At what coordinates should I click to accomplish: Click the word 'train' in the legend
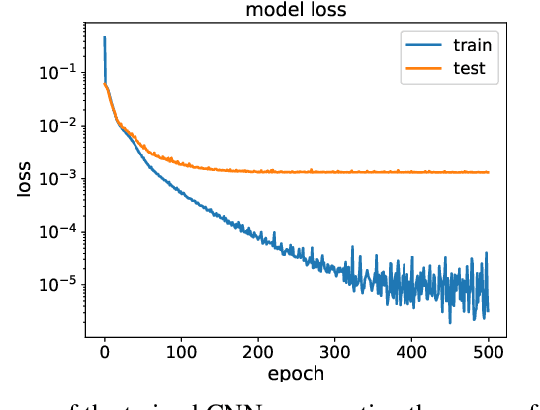pyautogui.click(x=472, y=44)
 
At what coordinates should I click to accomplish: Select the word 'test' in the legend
pyautogui.click(x=468, y=68)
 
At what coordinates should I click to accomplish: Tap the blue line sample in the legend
pyautogui.click(x=419, y=45)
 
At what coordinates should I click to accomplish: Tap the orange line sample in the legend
pyautogui.click(x=419, y=69)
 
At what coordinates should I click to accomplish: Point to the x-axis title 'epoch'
pyautogui.click(x=296, y=374)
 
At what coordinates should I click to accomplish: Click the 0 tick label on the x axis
pyautogui.click(x=104, y=351)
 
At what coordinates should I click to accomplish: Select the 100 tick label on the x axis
pyautogui.click(x=181, y=351)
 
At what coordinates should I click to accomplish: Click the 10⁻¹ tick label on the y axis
pyautogui.click(x=56, y=71)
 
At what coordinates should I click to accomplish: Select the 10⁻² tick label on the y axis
pyautogui.click(x=56, y=125)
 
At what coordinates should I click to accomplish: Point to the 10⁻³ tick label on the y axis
pyautogui.click(x=56, y=178)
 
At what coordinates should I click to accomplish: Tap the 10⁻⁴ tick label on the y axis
pyautogui.click(x=56, y=232)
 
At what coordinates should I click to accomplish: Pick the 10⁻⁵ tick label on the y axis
pyautogui.click(x=56, y=285)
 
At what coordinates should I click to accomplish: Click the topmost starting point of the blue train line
pyautogui.click(x=105, y=37)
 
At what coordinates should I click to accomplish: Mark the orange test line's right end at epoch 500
pyautogui.click(x=489, y=172)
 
